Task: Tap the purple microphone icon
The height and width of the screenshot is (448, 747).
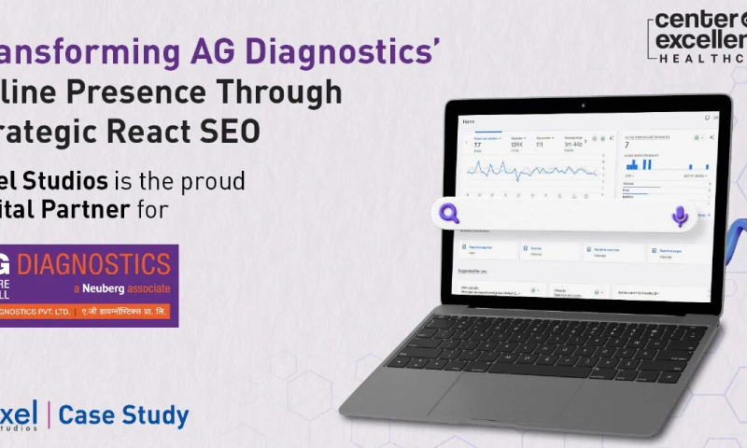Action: [680, 217]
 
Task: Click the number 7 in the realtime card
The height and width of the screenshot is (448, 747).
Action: [626, 146]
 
